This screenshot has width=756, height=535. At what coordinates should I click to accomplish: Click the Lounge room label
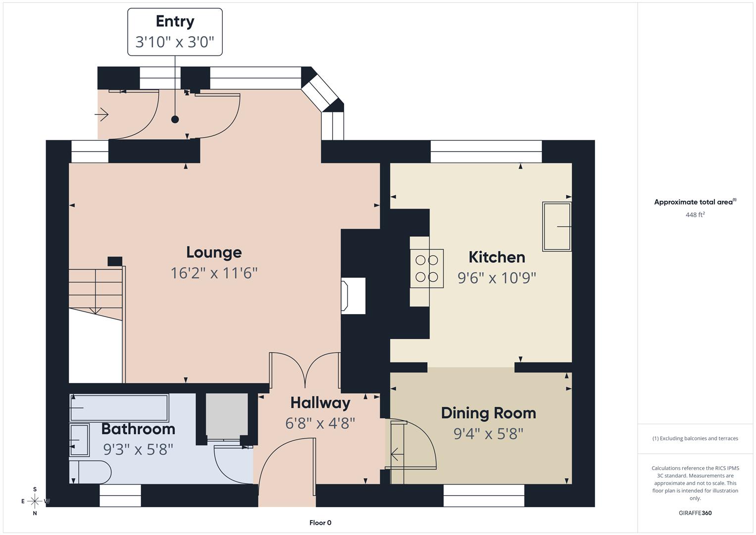tap(214, 252)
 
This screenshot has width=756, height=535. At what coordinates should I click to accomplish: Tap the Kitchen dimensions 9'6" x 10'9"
tap(497, 278)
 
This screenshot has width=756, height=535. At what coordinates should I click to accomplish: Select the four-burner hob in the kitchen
tap(426, 268)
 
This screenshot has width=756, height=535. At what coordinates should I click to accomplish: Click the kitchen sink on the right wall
tap(557, 226)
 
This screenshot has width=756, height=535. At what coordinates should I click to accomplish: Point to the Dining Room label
tap(488, 413)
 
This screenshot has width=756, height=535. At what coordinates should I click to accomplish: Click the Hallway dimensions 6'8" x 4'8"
tap(320, 424)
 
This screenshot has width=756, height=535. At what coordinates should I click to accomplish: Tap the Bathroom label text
tap(138, 429)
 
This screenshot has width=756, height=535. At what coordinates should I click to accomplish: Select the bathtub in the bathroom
tap(119, 407)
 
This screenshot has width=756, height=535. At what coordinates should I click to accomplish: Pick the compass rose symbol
tap(35, 501)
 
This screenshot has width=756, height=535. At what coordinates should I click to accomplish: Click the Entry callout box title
tap(175, 21)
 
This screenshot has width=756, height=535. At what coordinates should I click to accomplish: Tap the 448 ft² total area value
tap(695, 215)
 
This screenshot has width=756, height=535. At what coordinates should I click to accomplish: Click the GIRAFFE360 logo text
tap(695, 513)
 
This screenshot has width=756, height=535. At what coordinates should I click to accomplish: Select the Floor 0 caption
tap(320, 523)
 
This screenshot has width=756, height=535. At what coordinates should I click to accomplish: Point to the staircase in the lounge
tap(96, 290)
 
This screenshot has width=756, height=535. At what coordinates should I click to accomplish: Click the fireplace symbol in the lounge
tap(353, 296)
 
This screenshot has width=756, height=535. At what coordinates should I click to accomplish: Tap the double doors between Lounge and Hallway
tap(305, 370)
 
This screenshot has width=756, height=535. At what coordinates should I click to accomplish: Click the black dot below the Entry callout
tap(175, 119)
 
